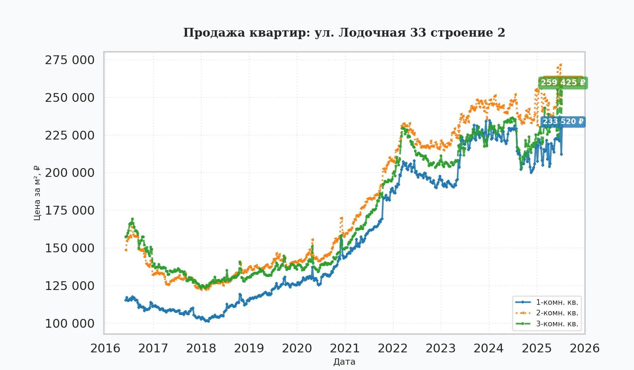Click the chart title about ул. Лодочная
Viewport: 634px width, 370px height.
(x=344, y=32)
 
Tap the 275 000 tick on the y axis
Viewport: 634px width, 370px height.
(x=70, y=60)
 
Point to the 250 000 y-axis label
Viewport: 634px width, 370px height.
(x=70, y=98)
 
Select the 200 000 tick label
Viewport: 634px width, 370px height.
(x=70, y=173)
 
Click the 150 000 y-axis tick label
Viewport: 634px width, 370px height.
(x=70, y=248)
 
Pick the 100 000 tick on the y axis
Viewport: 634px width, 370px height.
(x=70, y=323)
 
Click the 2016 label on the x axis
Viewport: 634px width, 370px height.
(x=105, y=348)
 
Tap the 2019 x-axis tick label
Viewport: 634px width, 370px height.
(x=249, y=348)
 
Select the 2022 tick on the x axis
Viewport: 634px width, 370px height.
(x=393, y=348)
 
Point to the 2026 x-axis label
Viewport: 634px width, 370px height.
(x=585, y=348)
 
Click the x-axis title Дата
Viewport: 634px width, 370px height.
(x=344, y=362)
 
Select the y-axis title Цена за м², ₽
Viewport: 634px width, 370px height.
(x=37, y=193)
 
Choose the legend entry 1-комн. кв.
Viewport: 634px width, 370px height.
(x=557, y=302)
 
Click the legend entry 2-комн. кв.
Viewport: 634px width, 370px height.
(x=557, y=313)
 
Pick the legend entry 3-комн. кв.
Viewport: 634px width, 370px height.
(x=557, y=323)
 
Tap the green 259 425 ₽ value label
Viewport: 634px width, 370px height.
(x=563, y=83)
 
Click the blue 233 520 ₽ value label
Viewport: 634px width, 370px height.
(x=563, y=122)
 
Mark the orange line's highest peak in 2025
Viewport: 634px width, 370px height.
(x=560, y=64)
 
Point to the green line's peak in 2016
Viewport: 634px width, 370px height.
(x=132, y=219)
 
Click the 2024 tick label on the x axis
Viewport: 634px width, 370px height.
(x=489, y=348)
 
